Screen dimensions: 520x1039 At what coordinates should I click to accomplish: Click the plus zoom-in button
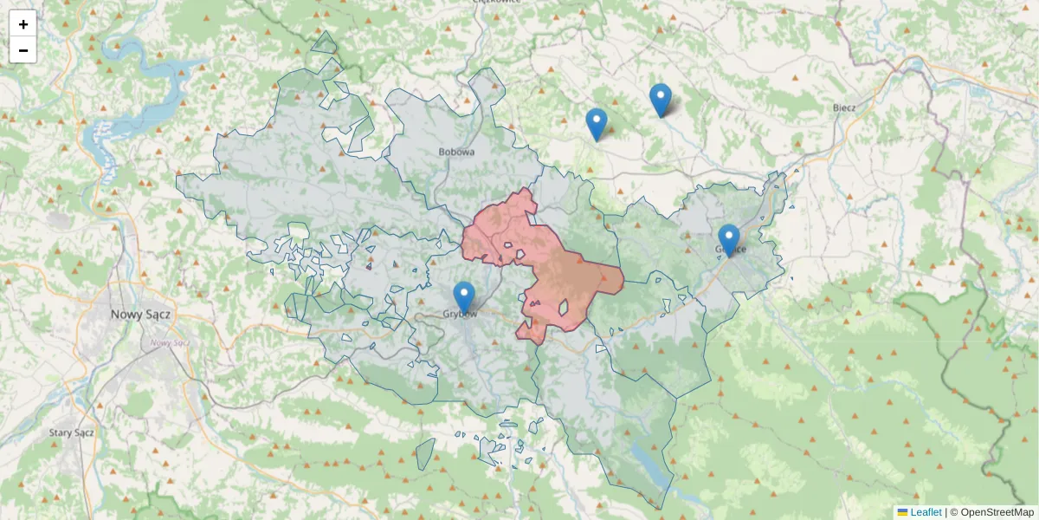click(23, 24)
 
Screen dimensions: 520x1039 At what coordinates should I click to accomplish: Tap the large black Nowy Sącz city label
click(140, 315)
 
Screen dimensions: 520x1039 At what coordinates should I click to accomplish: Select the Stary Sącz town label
click(72, 432)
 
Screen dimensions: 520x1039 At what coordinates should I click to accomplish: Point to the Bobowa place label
click(456, 153)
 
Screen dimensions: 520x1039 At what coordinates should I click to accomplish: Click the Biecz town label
click(843, 107)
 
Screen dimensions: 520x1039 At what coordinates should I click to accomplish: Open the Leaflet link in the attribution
click(926, 512)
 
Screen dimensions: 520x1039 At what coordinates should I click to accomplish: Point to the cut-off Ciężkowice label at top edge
click(496, 3)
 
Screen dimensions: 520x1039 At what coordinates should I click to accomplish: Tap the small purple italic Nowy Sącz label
click(170, 342)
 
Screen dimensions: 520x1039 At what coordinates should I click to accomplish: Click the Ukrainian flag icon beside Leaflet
click(903, 512)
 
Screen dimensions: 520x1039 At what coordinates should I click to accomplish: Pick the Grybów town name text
click(461, 314)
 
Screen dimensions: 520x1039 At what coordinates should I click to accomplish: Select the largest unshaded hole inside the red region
click(564, 307)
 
